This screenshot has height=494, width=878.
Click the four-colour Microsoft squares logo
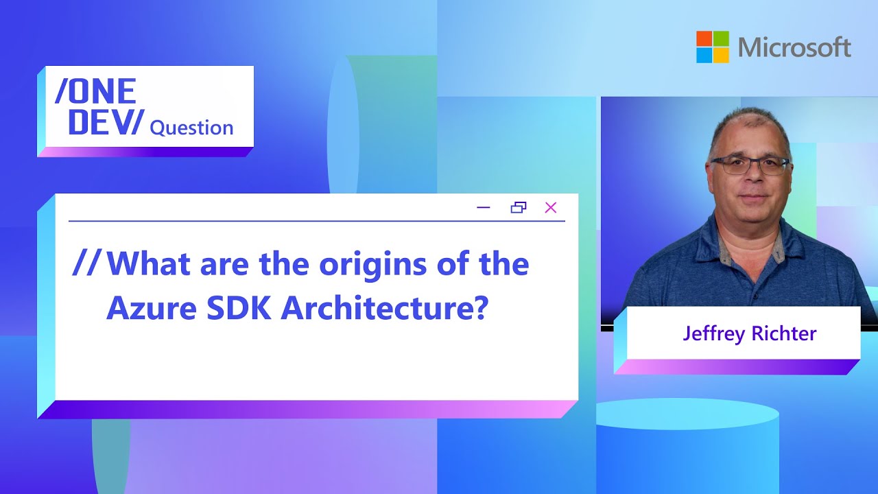(713, 47)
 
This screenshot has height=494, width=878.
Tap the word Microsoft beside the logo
(794, 47)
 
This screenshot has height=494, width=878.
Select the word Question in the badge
(191, 128)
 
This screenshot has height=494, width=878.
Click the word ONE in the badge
(95, 91)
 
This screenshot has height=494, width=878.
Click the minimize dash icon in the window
(484, 208)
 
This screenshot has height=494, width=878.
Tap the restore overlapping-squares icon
(519, 207)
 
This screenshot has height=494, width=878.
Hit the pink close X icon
(550, 207)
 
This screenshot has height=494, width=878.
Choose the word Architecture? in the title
(384, 309)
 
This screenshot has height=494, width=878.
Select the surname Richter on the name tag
(783, 334)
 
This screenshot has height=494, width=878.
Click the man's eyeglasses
(749, 165)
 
